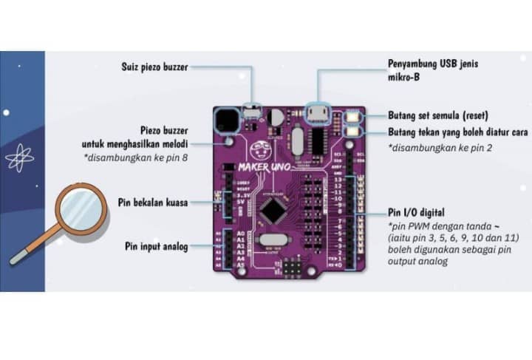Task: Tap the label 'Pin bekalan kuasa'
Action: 154,202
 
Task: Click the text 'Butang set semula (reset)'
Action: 438,116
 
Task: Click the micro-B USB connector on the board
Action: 318,112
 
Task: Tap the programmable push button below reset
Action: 352,132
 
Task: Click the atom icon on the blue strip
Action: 16,157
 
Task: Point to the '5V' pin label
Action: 239,199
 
